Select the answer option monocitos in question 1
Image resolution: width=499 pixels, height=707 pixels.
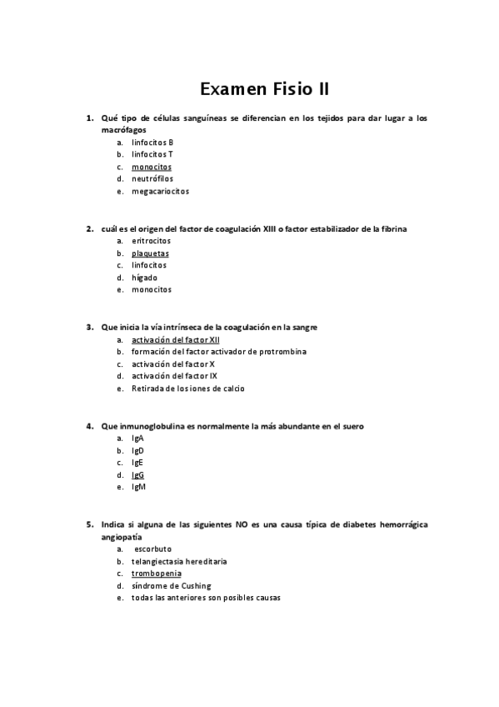(x=152, y=167)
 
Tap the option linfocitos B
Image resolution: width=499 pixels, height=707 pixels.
(x=152, y=143)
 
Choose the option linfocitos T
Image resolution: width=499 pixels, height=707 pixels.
(x=152, y=154)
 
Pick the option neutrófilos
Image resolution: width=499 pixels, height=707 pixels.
(x=155, y=178)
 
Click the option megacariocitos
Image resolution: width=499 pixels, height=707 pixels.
(x=160, y=191)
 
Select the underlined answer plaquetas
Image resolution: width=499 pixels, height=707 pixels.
(x=150, y=253)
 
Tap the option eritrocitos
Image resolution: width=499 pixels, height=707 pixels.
(x=151, y=241)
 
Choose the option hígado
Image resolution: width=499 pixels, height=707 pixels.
(x=144, y=278)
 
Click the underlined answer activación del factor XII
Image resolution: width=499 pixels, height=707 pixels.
(x=176, y=340)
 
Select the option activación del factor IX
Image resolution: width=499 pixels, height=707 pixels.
(x=174, y=376)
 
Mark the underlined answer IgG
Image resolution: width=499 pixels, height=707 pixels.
(x=137, y=475)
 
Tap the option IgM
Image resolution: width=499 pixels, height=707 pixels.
(x=138, y=487)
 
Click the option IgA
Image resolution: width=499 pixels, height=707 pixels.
(x=137, y=439)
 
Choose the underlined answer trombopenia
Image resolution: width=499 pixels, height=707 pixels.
(x=156, y=574)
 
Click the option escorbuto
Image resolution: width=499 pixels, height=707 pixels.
(x=152, y=549)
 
